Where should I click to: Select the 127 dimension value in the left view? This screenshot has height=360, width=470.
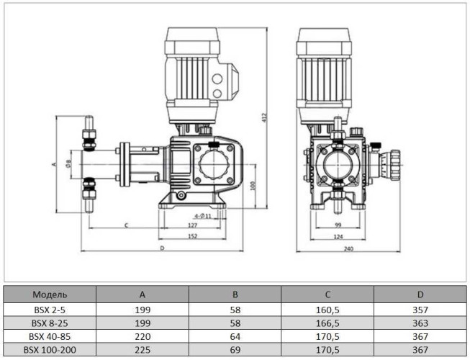(x=193, y=225)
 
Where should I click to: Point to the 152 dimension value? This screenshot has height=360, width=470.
(x=193, y=236)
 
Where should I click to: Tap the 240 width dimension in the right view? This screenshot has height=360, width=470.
(x=348, y=248)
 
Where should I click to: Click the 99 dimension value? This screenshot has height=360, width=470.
(x=338, y=225)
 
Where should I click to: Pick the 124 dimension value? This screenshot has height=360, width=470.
(x=338, y=236)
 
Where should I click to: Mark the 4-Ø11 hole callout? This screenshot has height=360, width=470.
(x=202, y=215)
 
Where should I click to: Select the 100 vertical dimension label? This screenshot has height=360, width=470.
(x=253, y=185)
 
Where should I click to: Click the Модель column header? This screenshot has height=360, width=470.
(x=50, y=294)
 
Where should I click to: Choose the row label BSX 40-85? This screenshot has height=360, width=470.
(x=50, y=336)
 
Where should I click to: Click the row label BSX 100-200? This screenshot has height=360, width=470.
(x=50, y=349)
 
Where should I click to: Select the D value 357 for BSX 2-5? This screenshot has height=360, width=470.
(x=420, y=309)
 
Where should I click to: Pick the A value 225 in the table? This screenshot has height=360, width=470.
(x=143, y=349)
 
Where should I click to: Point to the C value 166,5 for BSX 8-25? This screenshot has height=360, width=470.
(x=327, y=322)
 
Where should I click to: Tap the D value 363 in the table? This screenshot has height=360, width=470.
(x=420, y=322)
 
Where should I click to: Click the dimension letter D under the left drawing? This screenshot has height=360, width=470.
(x=162, y=248)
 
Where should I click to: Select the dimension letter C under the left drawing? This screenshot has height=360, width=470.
(x=127, y=225)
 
